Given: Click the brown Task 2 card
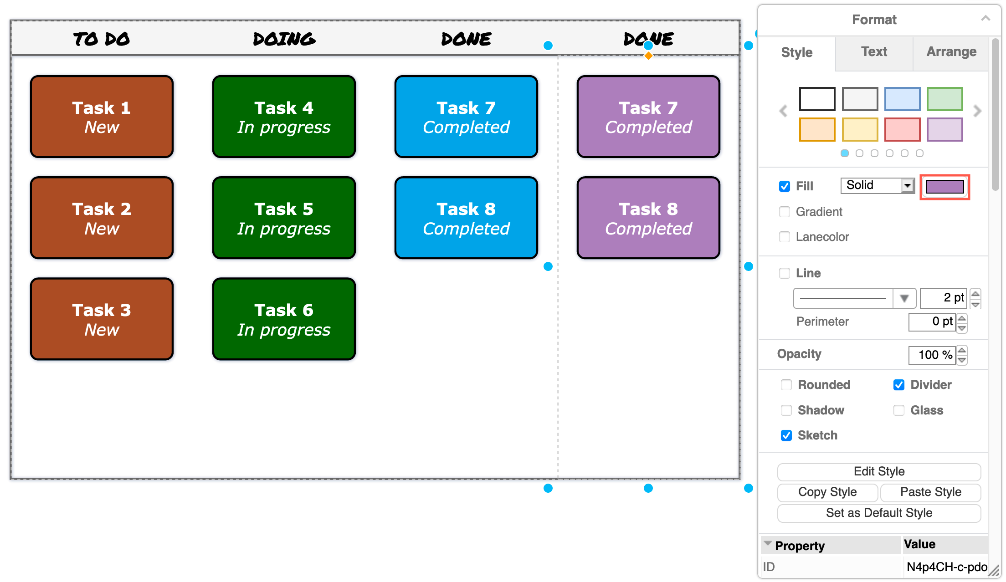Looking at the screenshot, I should point(102,218).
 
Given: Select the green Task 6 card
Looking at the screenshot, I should point(284,319).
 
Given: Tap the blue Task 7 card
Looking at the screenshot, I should point(466,117).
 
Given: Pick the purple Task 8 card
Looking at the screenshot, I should point(648,218).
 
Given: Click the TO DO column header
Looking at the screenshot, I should point(102,39).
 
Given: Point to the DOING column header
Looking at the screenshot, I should point(284,39).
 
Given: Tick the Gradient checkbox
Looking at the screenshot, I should point(785,212).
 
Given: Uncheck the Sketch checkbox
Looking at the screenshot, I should point(786,435).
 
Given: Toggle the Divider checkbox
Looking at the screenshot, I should point(899,385).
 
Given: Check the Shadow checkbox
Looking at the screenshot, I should point(786,410).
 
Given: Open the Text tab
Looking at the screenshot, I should point(874,52).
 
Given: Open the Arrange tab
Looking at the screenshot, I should point(951,52).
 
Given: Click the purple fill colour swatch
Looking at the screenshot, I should point(944,187).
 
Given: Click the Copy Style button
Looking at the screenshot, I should point(827,492).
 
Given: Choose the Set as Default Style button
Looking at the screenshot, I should point(879,513).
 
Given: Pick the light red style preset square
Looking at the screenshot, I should point(902,129).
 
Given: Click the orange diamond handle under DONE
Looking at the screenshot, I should point(648,56).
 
